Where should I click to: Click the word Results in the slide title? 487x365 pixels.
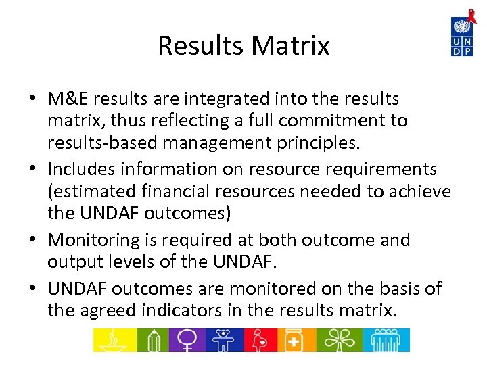(x=201, y=46)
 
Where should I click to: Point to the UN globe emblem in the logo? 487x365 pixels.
(x=462, y=28)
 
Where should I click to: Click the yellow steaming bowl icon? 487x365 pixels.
(x=114, y=340)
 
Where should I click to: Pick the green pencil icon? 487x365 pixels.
(x=154, y=340)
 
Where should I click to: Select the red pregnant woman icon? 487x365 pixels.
(x=260, y=340)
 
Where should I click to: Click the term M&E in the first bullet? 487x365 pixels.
(x=68, y=99)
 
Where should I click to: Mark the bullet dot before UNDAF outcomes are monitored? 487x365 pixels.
(x=32, y=289)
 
